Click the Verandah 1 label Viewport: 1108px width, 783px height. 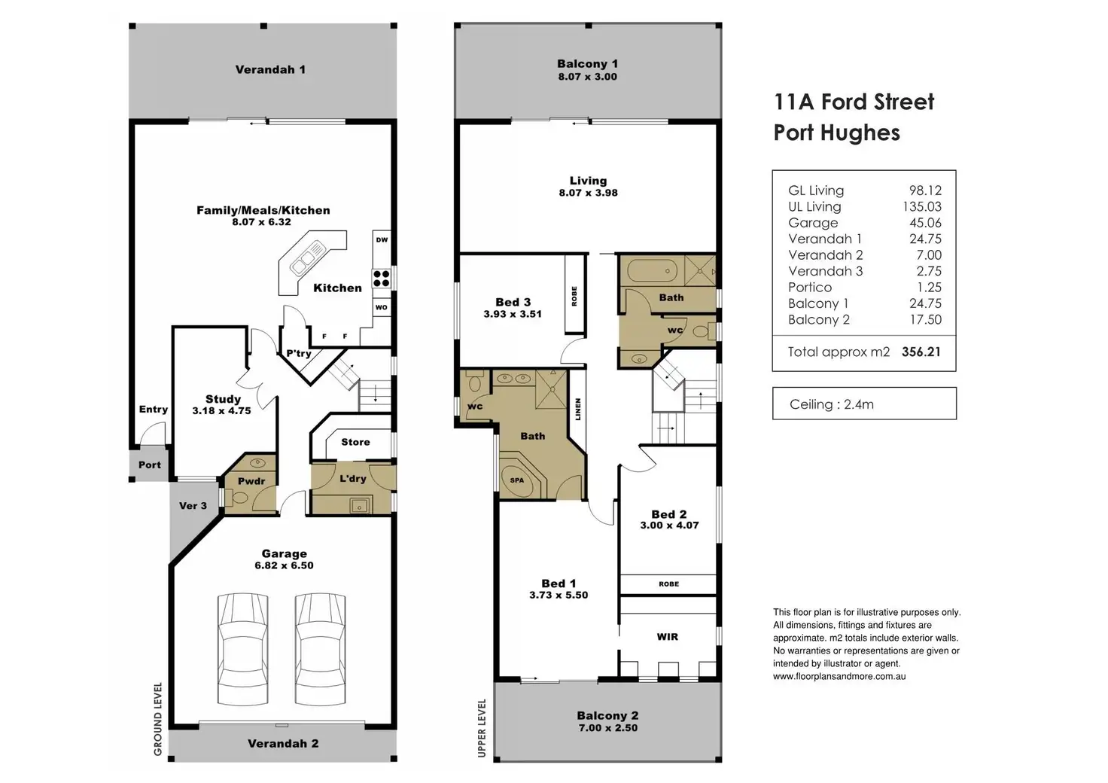pos(270,70)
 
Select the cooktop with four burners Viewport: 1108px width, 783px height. pos(382,279)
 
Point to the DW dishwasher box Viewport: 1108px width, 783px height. pos(382,240)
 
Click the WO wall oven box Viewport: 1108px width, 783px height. pos(382,307)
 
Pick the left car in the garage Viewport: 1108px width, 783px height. pos(243,649)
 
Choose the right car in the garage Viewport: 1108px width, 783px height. pos(320,649)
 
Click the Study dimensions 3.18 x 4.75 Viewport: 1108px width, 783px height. pos(221,411)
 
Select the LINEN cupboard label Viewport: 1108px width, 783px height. pos(578,410)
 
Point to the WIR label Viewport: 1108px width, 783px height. pos(667,637)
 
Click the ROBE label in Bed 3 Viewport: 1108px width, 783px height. pos(574,296)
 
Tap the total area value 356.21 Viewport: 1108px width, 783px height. pos(921,352)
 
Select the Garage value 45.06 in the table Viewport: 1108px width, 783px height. pos(925,223)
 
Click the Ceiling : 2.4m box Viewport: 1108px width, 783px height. pos(864,404)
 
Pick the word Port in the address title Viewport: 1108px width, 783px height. pos(793,133)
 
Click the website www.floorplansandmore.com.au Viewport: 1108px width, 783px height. pos(839,676)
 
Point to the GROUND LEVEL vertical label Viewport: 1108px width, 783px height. pos(158,719)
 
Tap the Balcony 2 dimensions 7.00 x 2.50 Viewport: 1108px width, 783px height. pos(608,728)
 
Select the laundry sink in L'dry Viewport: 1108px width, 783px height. pos(358,506)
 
